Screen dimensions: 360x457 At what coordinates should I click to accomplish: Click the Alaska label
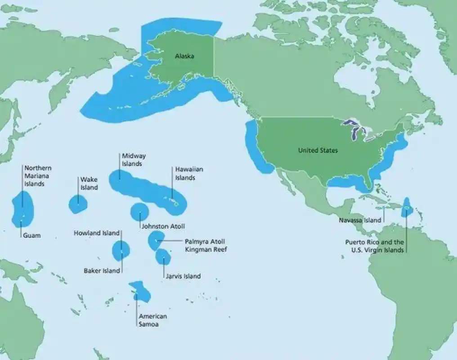pos(184,56)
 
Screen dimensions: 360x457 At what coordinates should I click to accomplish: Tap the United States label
pos(318,150)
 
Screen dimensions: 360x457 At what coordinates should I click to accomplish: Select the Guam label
pos(32,235)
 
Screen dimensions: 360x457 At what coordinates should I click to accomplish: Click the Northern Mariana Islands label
pos(38,176)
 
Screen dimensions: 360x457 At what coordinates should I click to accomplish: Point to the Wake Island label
pos(89,184)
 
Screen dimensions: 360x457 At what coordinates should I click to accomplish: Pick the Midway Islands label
pos(134,160)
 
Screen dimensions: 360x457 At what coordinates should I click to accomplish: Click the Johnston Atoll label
pos(163,226)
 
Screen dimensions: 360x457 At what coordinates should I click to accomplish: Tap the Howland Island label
pos(97,233)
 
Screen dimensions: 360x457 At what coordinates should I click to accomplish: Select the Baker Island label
pos(102,270)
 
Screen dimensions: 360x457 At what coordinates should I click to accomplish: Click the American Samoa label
pos(152,320)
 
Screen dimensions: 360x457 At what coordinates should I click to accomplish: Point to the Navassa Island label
pos(360,220)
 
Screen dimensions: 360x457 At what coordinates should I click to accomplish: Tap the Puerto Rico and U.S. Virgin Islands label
pos(374,246)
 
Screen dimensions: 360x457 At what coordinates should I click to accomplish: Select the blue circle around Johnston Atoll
pos(139,211)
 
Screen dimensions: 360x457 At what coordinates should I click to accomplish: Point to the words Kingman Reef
pos(206,249)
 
